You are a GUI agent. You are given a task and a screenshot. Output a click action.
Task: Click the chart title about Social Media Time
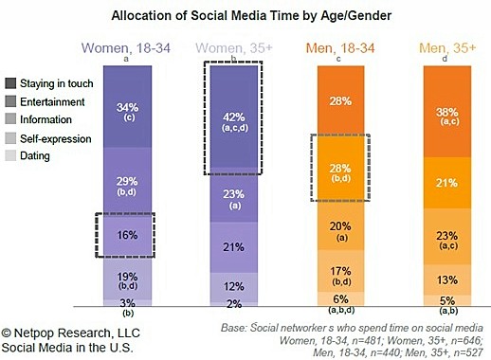245,16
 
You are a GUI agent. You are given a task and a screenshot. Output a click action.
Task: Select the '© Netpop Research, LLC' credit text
68,333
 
